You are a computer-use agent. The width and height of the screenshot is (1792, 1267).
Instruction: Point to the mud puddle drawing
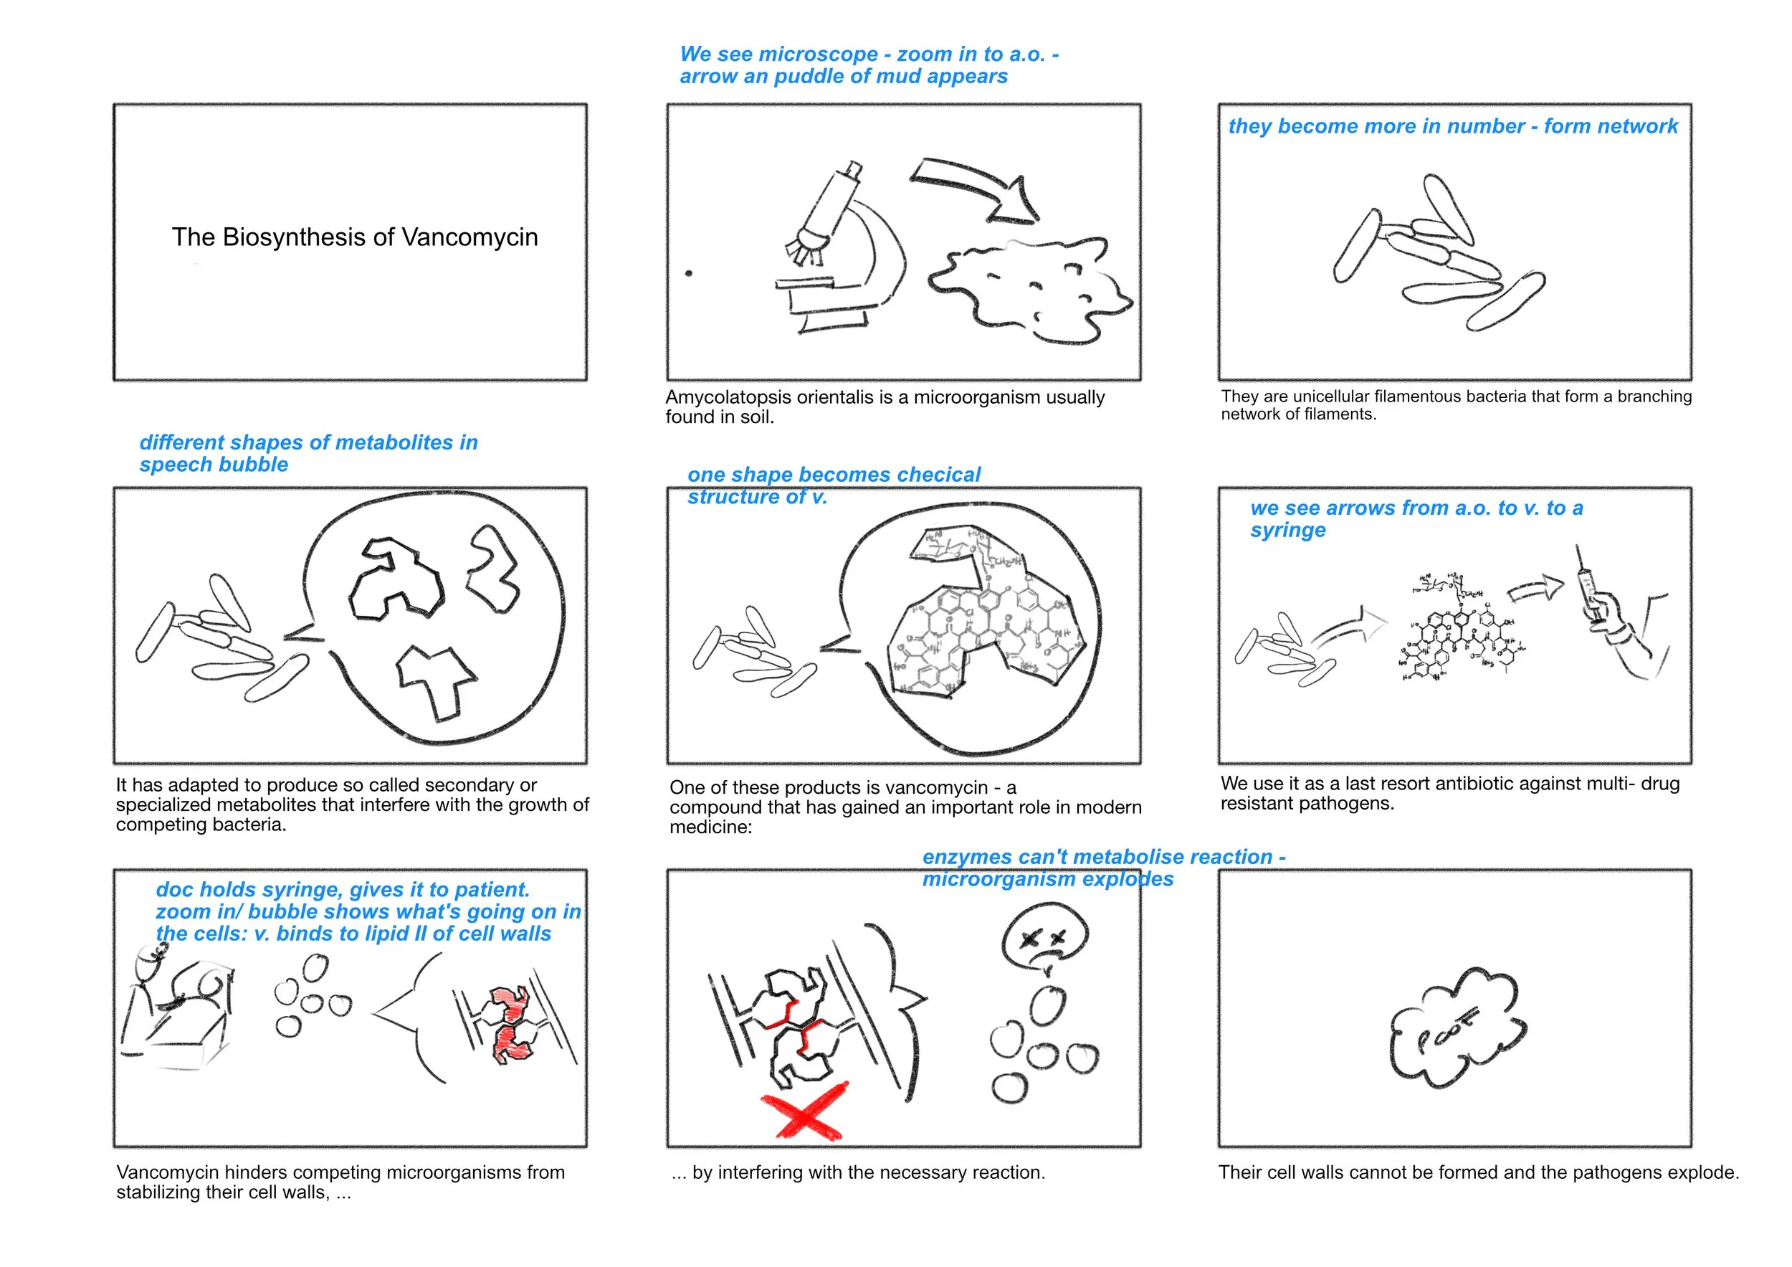pyautogui.click(x=1030, y=289)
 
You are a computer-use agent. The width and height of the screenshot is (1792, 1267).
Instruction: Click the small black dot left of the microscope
pyautogui.click(x=688, y=273)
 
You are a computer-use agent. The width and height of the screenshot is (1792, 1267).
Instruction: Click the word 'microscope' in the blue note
pyautogui.click(x=819, y=54)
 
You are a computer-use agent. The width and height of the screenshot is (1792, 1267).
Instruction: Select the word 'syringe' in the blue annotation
pyautogui.click(x=1288, y=531)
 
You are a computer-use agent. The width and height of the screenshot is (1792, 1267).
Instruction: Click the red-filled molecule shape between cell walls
pyautogui.click(x=509, y=1023)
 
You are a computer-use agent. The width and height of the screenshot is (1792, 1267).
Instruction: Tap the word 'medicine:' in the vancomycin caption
pyautogui.click(x=711, y=827)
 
